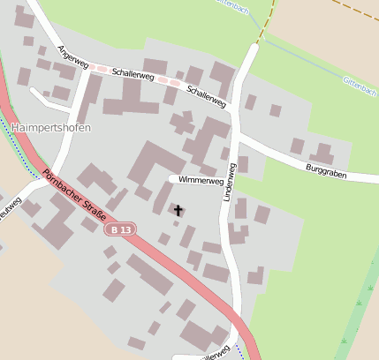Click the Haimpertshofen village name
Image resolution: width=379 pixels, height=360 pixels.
(x=52, y=127)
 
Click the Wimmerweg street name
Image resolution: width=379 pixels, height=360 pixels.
(x=200, y=180)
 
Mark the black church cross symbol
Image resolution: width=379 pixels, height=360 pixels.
(x=178, y=210)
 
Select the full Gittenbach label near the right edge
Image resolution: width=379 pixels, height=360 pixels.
(x=360, y=86)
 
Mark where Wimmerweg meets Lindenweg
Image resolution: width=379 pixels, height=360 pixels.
(x=223, y=179)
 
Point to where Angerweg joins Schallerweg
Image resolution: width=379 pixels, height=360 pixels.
(x=88, y=71)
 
